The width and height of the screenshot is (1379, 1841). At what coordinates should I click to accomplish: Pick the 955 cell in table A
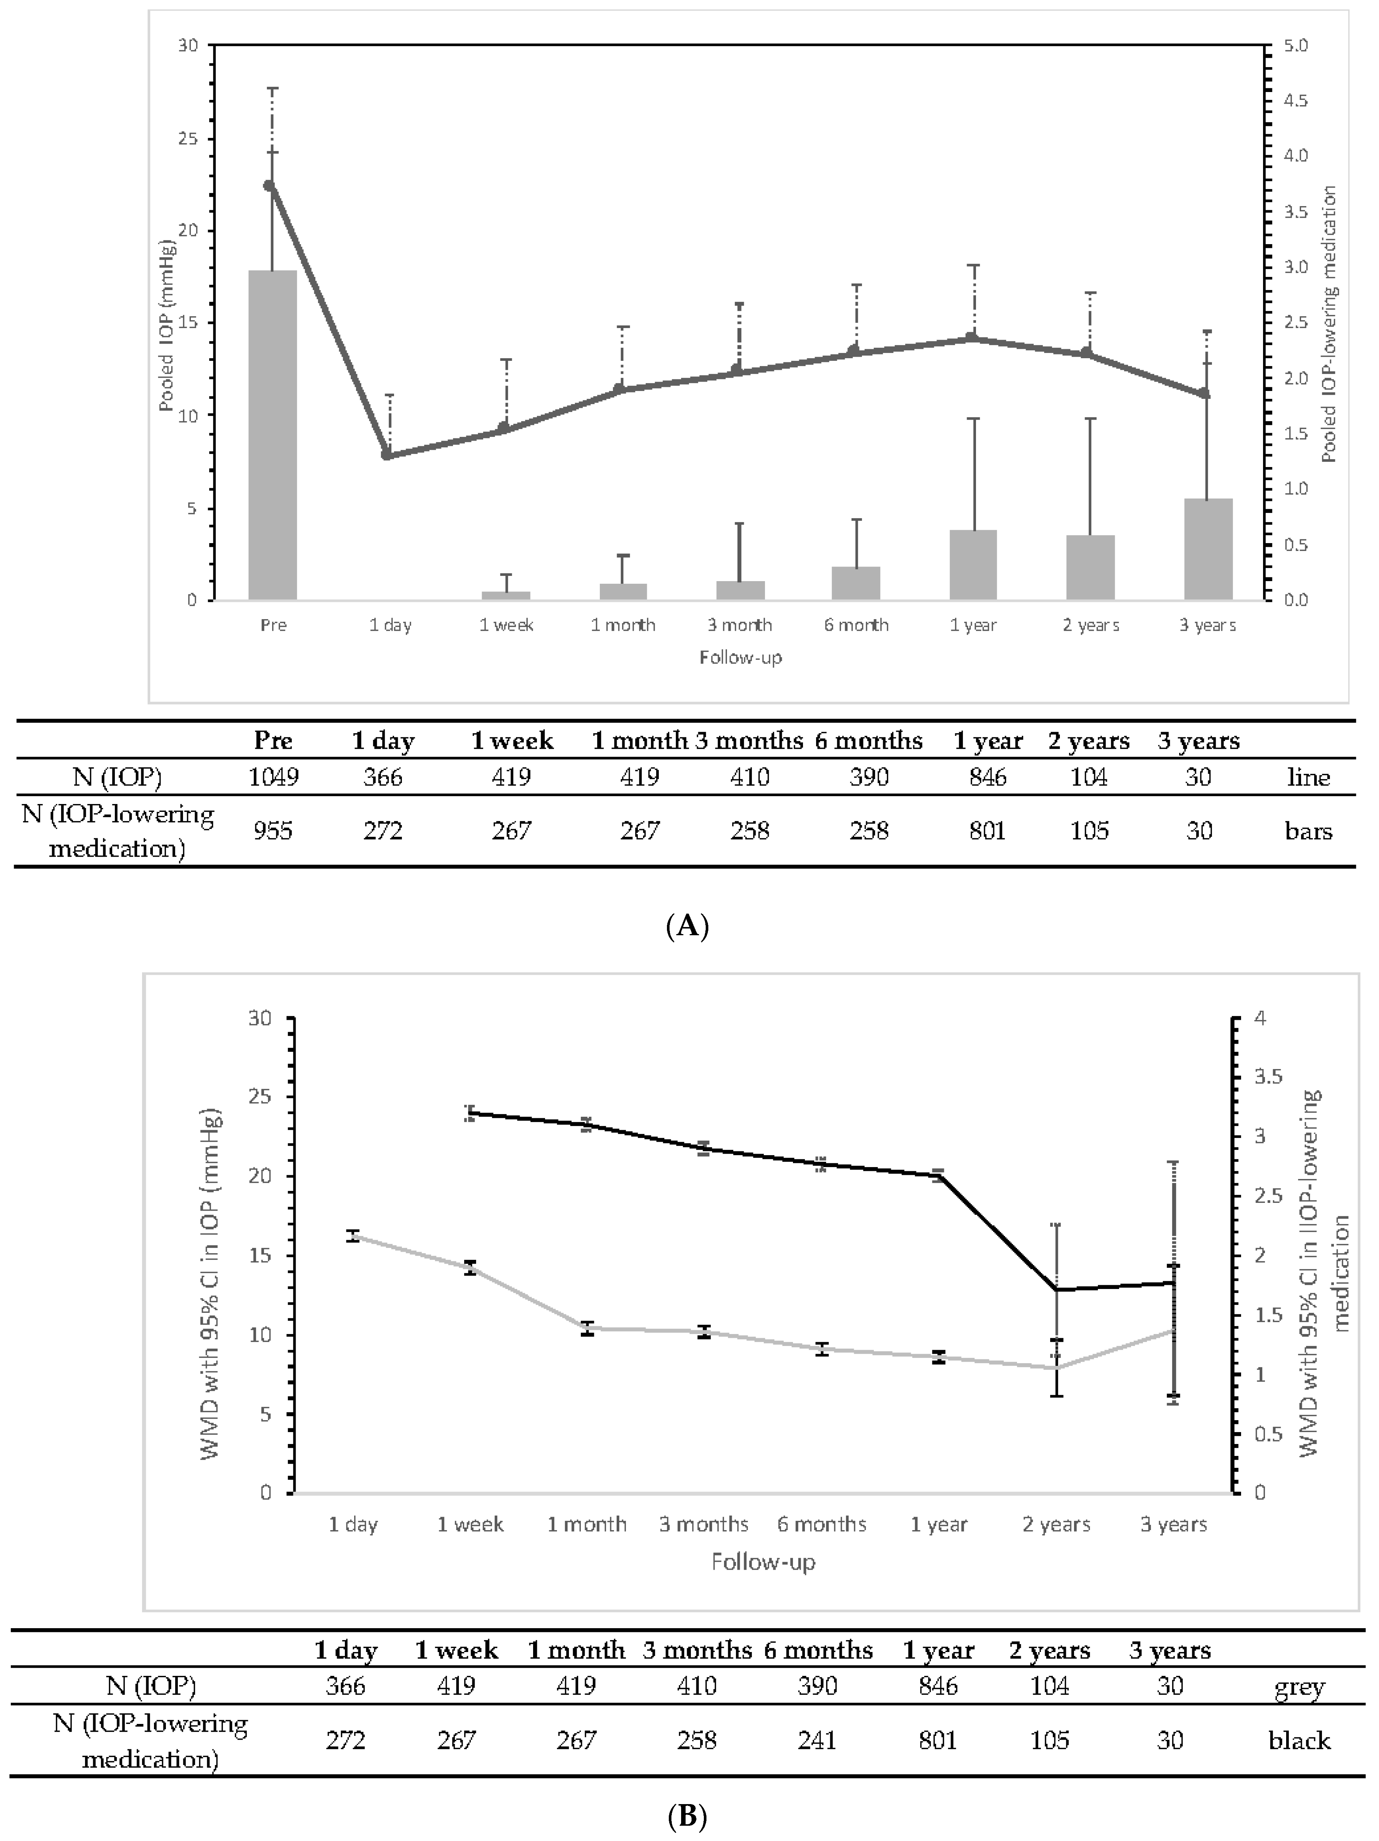pos(273,830)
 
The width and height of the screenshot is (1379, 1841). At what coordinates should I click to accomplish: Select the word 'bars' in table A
pos(1308,830)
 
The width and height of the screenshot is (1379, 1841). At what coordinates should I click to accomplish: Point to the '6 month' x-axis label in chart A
pos(856,625)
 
